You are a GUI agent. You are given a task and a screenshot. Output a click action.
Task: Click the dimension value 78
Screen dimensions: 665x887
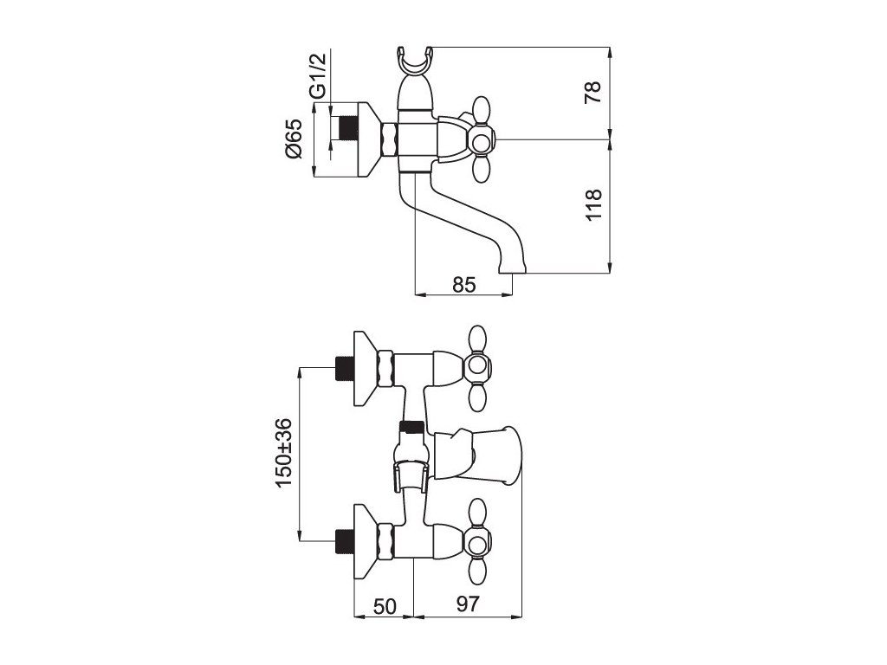pos(592,93)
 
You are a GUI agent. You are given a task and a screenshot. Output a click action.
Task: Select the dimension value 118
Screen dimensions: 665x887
pos(592,204)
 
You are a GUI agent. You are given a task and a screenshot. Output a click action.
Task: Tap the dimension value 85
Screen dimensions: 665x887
pos(464,284)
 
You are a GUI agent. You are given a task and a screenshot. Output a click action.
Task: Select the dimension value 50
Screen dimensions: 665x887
pos(385,606)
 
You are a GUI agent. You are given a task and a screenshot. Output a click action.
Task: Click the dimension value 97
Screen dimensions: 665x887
pos(469,606)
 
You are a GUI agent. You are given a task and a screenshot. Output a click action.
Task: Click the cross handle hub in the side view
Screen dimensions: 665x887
pos(481,139)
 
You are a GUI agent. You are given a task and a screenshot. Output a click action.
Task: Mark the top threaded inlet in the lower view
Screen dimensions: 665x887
pos(346,367)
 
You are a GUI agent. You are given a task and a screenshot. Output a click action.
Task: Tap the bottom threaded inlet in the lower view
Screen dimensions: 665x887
pos(346,541)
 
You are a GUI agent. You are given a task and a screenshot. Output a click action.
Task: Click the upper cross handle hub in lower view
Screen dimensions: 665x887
pos(476,370)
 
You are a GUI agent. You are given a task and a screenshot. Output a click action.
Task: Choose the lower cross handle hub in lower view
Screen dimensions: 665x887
pos(476,544)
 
